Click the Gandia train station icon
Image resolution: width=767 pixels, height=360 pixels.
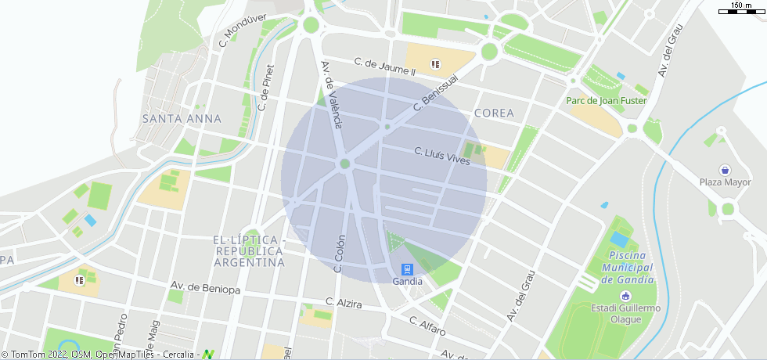point(407,268)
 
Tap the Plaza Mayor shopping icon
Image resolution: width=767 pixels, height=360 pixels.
point(725,170)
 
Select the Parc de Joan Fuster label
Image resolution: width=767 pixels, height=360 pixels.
point(607,101)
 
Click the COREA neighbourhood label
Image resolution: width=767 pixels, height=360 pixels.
point(494,113)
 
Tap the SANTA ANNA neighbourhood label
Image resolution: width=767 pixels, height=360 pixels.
point(182,118)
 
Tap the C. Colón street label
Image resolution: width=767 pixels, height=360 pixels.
point(340,254)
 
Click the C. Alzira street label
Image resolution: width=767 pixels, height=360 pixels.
point(344,302)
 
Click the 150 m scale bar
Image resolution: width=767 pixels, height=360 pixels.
point(741,9)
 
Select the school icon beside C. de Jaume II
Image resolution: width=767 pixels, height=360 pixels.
point(435,64)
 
